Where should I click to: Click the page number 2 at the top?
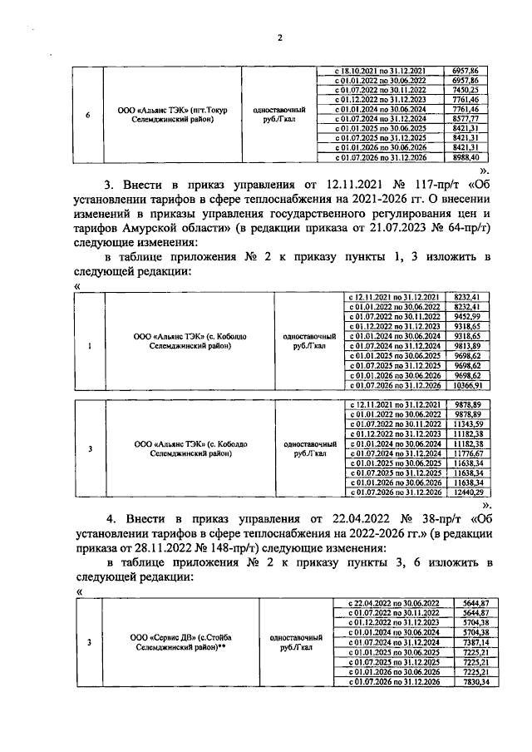coord(280,37)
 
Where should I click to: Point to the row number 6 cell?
coord(88,114)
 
